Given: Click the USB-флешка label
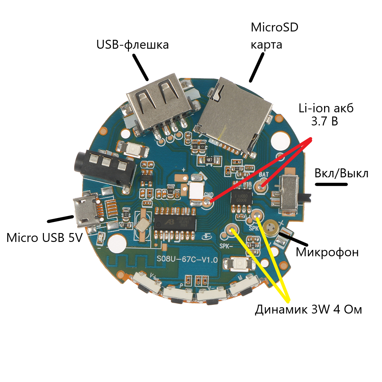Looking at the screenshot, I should [132, 45].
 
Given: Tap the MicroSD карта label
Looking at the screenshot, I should [274, 36].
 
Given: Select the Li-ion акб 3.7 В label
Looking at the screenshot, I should [326, 115].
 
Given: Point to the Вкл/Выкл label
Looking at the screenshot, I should [341, 173].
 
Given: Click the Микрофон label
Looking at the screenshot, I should [327, 252].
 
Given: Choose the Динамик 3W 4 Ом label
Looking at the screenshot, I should [308, 309].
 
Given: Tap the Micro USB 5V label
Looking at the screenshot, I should [45, 237].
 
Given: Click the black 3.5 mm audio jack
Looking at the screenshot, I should [105, 169].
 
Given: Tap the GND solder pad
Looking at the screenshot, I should [207, 201].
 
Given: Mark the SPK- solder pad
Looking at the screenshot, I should [232, 230].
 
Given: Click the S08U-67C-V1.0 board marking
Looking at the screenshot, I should [187, 259].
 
